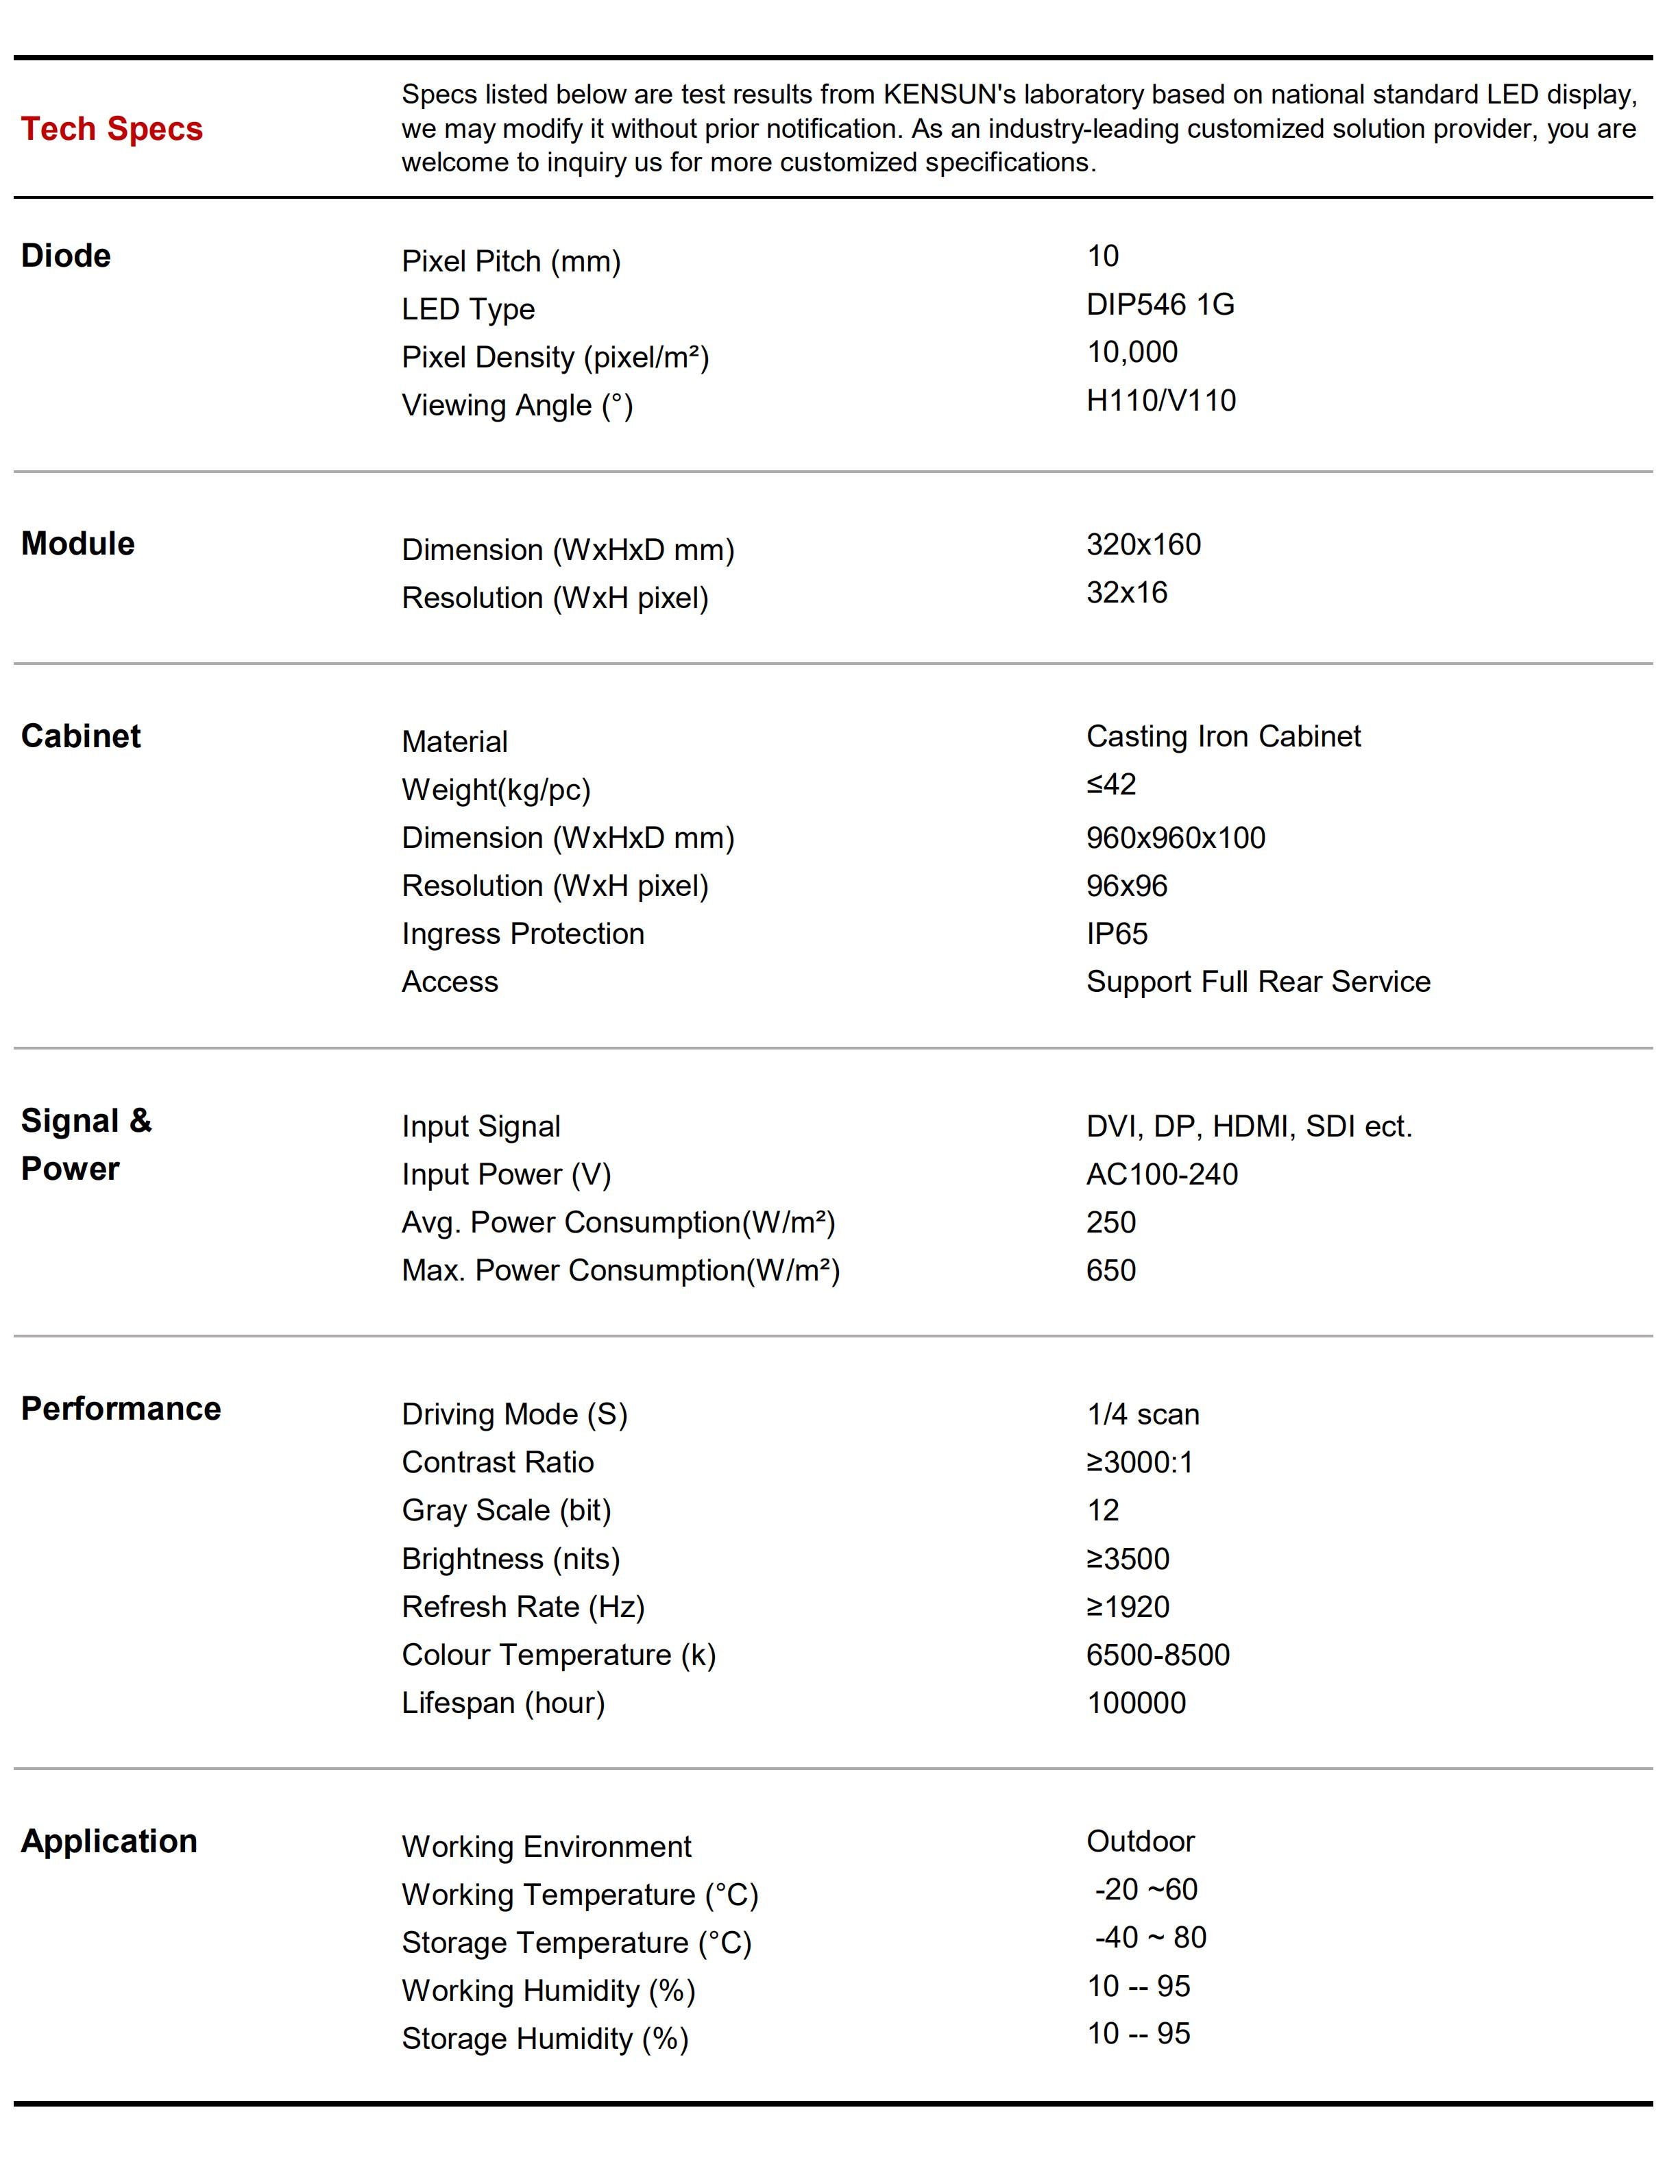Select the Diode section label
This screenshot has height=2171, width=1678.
66,256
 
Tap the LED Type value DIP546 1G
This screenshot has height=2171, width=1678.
1160,304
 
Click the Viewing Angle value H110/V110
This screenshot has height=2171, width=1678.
1161,400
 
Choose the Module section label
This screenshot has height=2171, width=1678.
77,544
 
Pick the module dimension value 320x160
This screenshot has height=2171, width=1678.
1143,545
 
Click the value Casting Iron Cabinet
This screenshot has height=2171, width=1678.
1224,737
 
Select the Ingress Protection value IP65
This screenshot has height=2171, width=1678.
1117,934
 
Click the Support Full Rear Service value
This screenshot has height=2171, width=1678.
1258,982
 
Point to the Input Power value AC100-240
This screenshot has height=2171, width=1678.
1162,1175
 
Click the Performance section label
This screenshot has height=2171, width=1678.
120,1409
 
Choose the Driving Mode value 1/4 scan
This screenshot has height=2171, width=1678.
1143,1414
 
